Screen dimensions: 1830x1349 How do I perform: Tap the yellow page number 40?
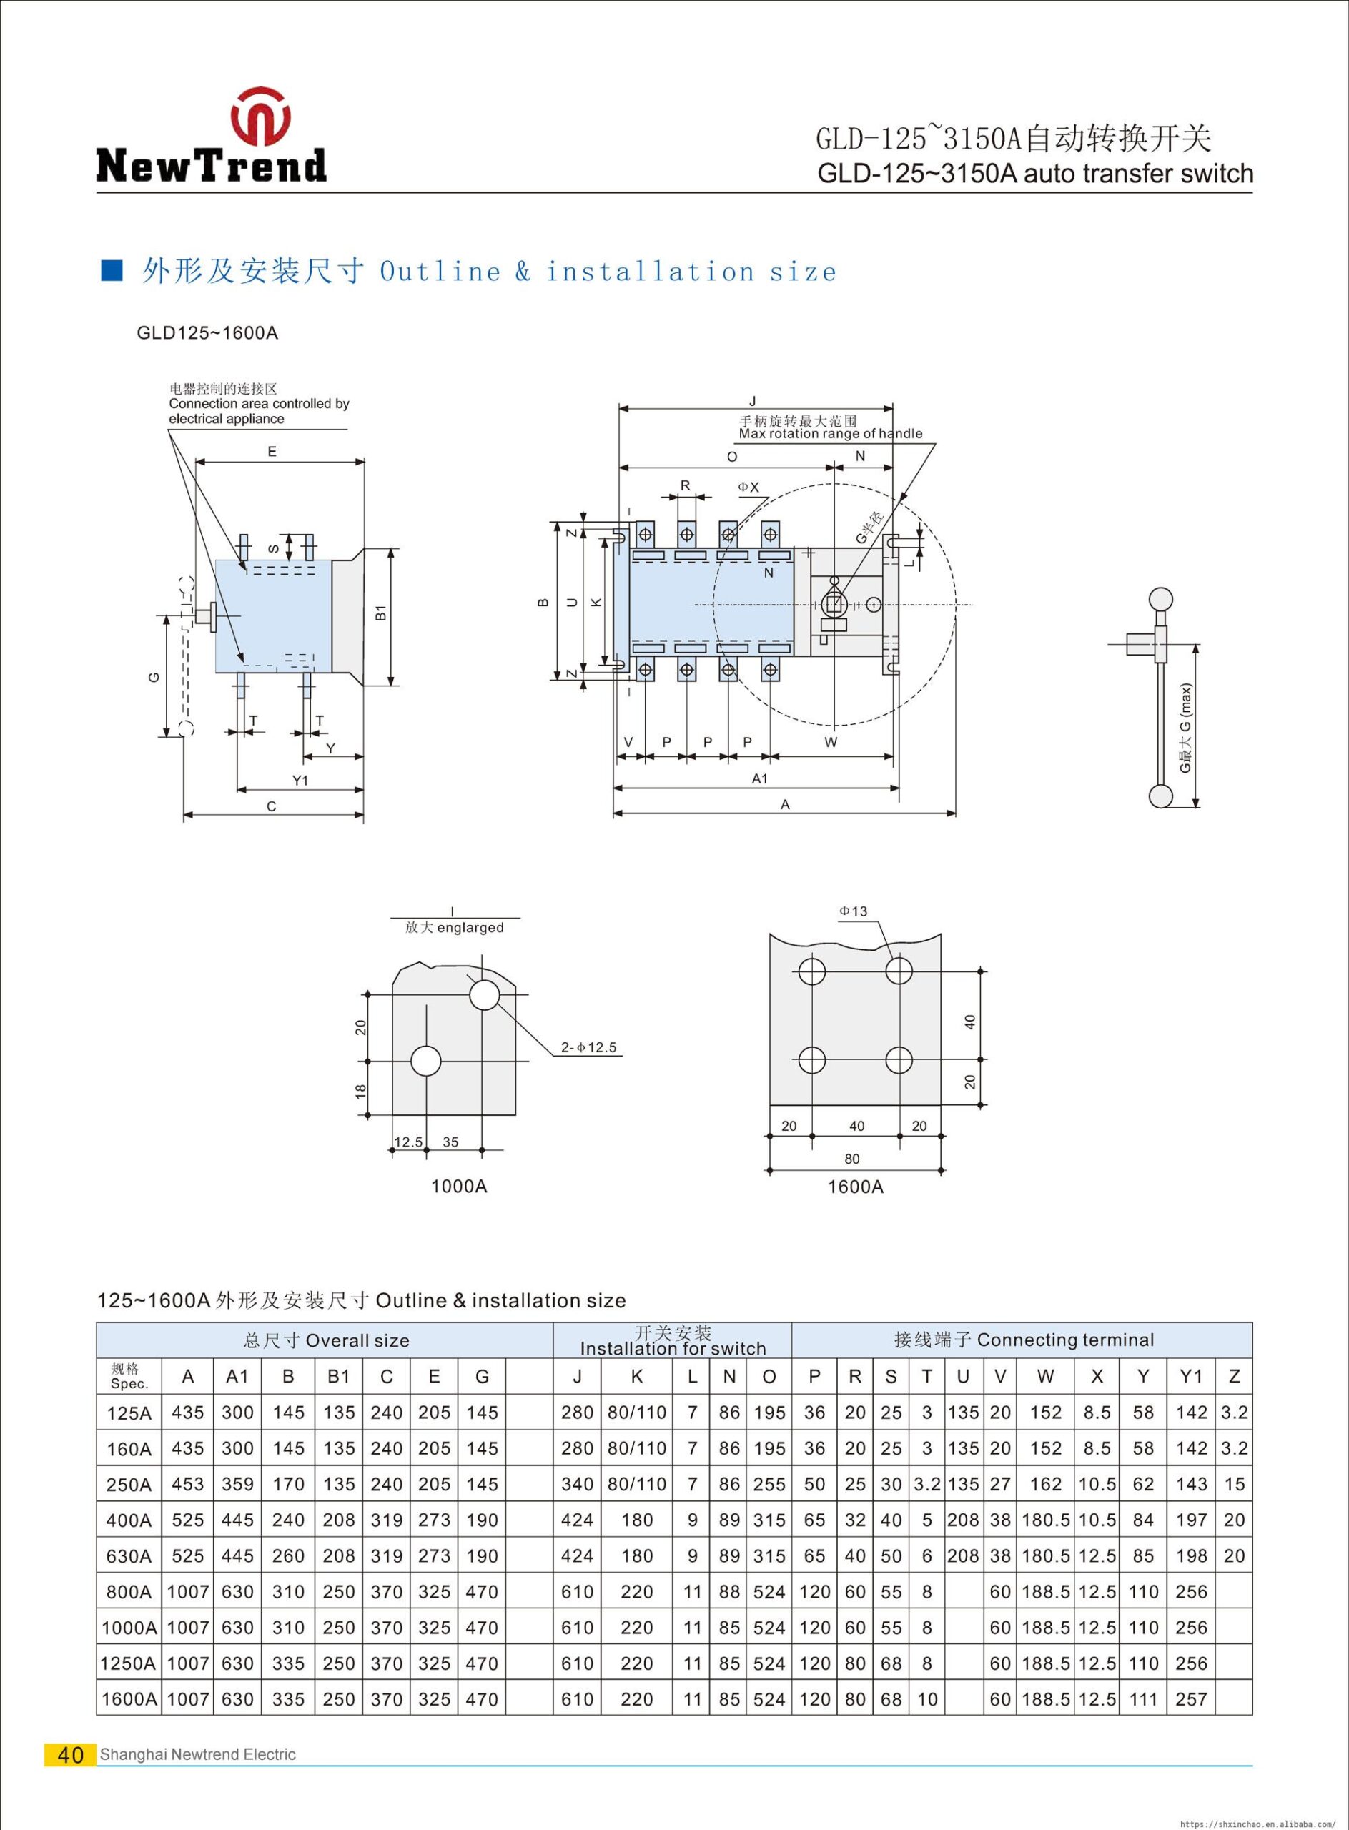[x=71, y=1754]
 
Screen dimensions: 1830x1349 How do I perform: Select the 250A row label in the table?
[x=129, y=1484]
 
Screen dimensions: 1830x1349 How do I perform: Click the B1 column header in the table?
[x=338, y=1376]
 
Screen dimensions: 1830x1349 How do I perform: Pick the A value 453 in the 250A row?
[x=188, y=1484]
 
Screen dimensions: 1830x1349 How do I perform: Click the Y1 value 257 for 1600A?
[x=1192, y=1699]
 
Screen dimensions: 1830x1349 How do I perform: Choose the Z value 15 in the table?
[x=1234, y=1484]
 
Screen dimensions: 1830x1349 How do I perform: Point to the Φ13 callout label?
[x=854, y=911]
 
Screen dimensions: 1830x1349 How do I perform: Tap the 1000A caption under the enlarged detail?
[x=459, y=1187]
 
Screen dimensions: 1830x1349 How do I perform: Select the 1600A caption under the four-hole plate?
[x=855, y=1187]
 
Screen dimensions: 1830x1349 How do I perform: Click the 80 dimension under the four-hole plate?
[x=853, y=1159]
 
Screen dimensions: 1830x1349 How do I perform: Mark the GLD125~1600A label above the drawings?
[x=207, y=333]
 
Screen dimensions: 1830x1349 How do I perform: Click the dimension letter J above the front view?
[x=753, y=400]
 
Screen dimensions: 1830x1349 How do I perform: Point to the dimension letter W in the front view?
[x=831, y=742]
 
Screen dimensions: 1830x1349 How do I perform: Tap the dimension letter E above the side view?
[x=272, y=451]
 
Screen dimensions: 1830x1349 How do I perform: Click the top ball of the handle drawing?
[x=1160, y=598]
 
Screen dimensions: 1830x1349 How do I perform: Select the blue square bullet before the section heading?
[x=111, y=271]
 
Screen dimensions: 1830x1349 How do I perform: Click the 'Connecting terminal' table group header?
[x=1023, y=1340]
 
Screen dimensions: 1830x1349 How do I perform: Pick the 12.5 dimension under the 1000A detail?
[x=408, y=1142]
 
